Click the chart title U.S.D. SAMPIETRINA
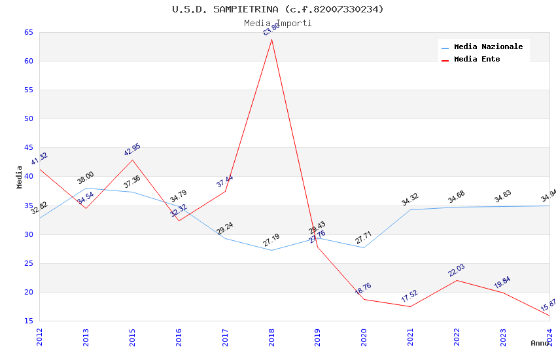(x=278, y=9)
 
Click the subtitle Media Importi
(x=278, y=23)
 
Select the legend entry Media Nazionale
(x=488, y=46)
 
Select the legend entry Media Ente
(x=477, y=59)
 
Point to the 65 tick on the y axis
(x=28, y=32)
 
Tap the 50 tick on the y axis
(x=28, y=118)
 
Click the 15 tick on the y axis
(x=28, y=321)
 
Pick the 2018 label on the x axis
(x=271, y=337)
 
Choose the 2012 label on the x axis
(x=39, y=337)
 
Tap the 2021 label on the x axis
(x=411, y=337)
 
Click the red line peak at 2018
(x=271, y=39)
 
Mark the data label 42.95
(x=132, y=150)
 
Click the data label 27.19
(x=271, y=240)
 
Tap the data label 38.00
(x=86, y=178)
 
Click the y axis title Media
(x=20, y=177)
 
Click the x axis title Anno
(x=540, y=343)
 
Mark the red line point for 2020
(x=364, y=299)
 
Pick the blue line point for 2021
(x=411, y=209)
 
